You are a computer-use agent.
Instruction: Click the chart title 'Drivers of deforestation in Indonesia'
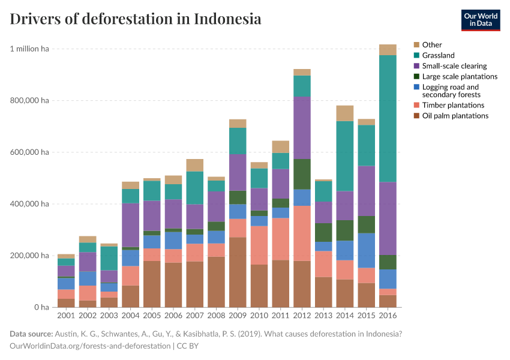click(x=136, y=19)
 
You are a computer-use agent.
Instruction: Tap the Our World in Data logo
click(x=480, y=20)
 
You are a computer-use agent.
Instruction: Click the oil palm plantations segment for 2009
click(x=237, y=272)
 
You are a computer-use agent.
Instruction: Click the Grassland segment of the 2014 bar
click(x=344, y=156)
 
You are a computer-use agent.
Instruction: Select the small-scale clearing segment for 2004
click(x=130, y=225)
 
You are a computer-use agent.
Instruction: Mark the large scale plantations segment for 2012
click(x=302, y=174)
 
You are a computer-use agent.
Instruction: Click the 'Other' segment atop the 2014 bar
click(x=344, y=113)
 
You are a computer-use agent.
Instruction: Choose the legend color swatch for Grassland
click(x=416, y=55)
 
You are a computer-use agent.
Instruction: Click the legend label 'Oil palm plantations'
click(x=455, y=116)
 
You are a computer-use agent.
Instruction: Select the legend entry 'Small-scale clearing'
click(x=454, y=66)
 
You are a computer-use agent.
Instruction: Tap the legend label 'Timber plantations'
click(x=452, y=105)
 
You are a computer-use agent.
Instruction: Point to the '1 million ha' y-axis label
click(x=29, y=49)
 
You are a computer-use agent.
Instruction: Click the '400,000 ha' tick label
click(x=29, y=204)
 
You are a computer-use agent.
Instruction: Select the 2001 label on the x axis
click(x=66, y=315)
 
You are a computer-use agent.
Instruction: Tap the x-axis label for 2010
click(x=259, y=315)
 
